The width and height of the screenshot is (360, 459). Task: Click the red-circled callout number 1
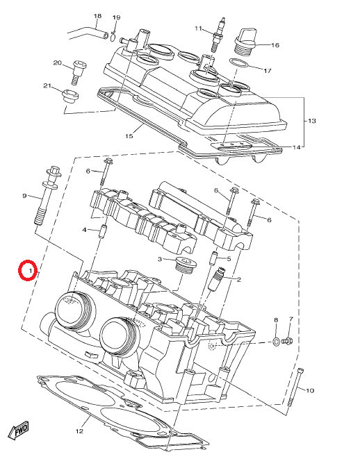[31, 271]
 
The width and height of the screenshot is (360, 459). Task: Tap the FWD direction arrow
[19, 430]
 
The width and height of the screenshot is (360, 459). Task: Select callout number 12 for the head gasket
[79, 431]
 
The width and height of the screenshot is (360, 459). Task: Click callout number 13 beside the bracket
[312, 121]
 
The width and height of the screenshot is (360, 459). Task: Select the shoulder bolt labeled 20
[77, 72]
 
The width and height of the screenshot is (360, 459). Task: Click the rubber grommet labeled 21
[69, 96]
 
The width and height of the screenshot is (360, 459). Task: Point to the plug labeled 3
[184, 265]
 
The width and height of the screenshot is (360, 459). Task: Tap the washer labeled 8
[276, 342]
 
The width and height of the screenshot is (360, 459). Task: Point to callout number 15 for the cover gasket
[129, 136]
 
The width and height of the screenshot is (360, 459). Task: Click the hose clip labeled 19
[113, 35]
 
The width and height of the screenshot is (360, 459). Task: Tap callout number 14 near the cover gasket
[297, 147]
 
